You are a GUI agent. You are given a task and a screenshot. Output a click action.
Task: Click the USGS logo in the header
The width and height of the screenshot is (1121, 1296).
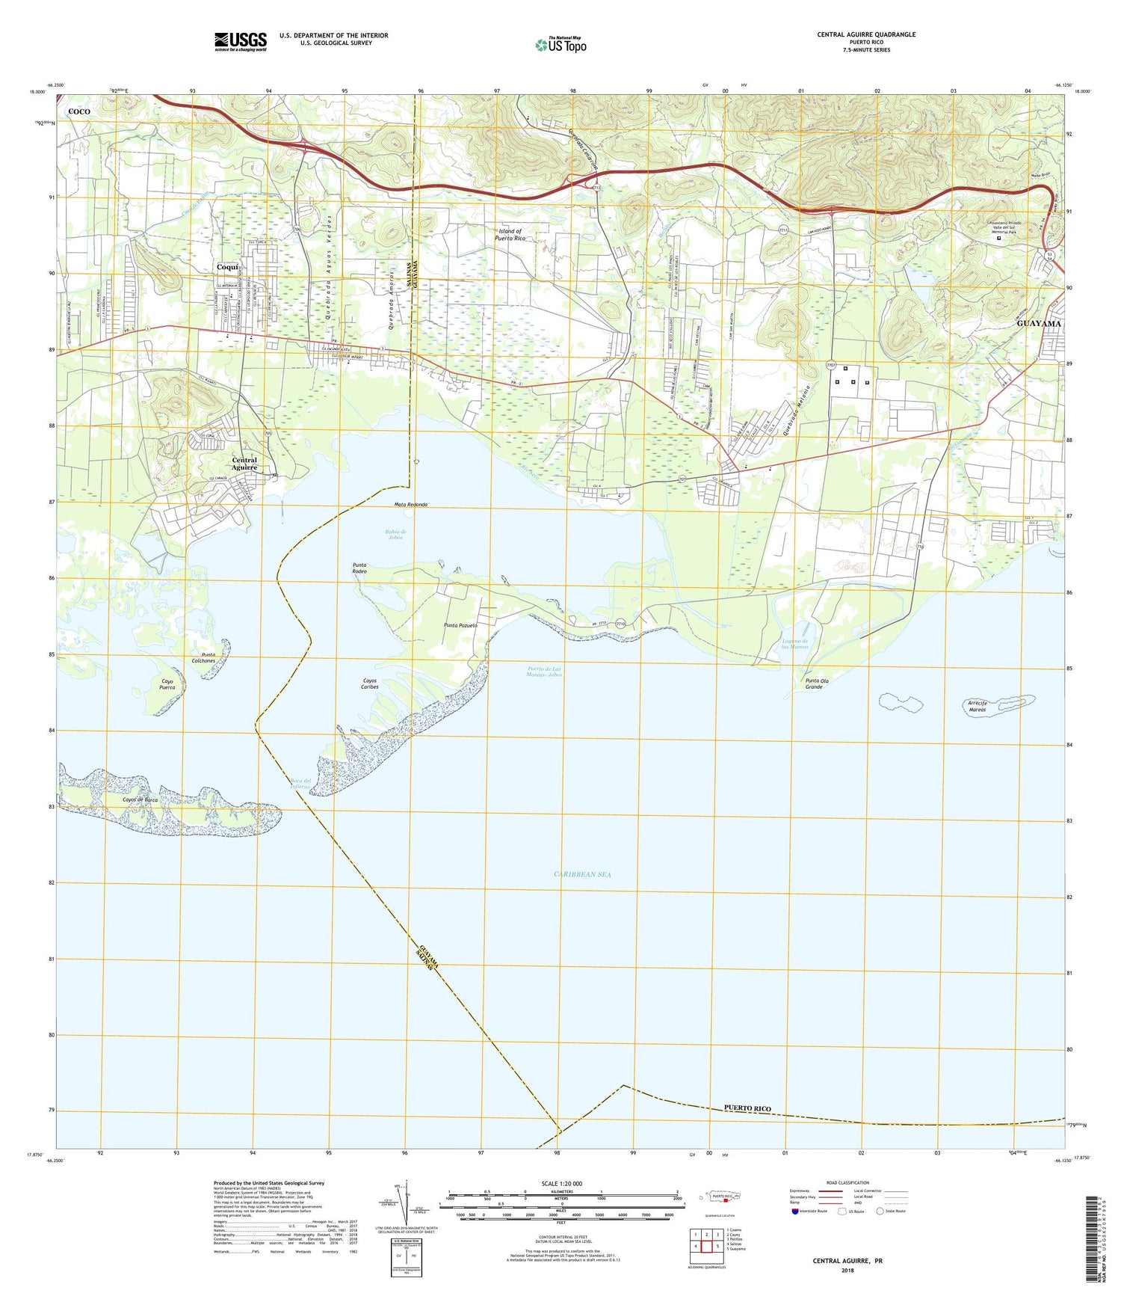pos(241,41)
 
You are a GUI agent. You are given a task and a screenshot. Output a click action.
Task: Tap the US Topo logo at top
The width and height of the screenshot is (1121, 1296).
pos(560,45)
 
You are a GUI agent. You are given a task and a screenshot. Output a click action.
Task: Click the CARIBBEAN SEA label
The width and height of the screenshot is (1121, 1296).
pos(583,873)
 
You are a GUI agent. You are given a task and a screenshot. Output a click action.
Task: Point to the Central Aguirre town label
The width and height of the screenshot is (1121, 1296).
pos(244,464)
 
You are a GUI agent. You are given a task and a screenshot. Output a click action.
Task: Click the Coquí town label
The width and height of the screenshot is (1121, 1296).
pos(227,267)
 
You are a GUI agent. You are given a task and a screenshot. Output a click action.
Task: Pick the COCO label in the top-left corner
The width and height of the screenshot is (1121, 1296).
pos(79,111)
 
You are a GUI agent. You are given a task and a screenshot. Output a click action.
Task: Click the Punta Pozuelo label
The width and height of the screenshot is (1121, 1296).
pos(460,625)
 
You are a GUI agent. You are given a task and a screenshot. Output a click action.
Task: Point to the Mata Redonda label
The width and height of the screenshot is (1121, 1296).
pos(411,505)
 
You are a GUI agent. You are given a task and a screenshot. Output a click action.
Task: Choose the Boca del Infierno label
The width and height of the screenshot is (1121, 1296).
pos(301,784)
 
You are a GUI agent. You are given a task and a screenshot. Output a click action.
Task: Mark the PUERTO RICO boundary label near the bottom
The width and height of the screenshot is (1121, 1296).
pos(747,1108)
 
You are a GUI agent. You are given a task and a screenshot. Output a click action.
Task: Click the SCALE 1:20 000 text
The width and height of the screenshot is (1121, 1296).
pos(560,1184)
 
